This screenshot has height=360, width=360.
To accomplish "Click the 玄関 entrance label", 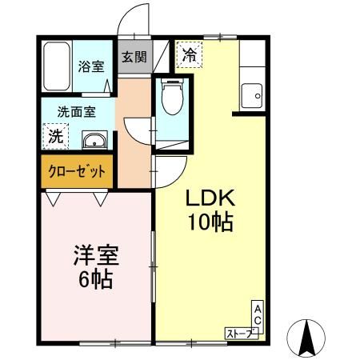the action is pyautogui.click(x=134, y=57).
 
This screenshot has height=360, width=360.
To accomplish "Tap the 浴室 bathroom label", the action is pyautogui.click(x=91, y=66).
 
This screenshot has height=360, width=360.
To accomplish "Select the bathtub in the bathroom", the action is pyautogui.click(x=57, y=66).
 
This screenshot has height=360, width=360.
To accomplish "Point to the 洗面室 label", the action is pyautogui.click(x=77, y=112).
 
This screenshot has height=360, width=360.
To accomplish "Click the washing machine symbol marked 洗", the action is pyautogui.click(x=55, y=136).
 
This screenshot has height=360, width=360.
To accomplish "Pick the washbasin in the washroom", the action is pyautogui.click(x=94, y=140).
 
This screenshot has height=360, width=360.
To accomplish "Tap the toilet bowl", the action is pyautogui.click(x=173, y=96).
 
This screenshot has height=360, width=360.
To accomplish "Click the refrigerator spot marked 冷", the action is pyautogui.click(x=190, y=55).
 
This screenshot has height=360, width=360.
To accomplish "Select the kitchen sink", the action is pyautogui.click(x=252, y=95).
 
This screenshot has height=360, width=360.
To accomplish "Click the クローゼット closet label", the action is pyautogui.click(x=77, y=171).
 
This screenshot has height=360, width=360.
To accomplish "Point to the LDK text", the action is pyautogui.click(x=210, y=198).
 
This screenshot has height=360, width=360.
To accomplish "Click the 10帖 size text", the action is pyautogui.click(x=210, y=222).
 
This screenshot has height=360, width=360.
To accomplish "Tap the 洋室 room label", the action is pyautogui.click(x=96, y=255).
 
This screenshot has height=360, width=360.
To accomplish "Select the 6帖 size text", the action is pyautogui.click(x=95, y=279).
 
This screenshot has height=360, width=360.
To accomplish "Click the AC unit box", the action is pyautogui.click(x=258, y=317).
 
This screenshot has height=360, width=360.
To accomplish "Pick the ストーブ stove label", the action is pyautogui.click(x=242, y=334).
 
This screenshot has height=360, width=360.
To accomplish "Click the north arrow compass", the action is pyautogui.click(x=306, y=338).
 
